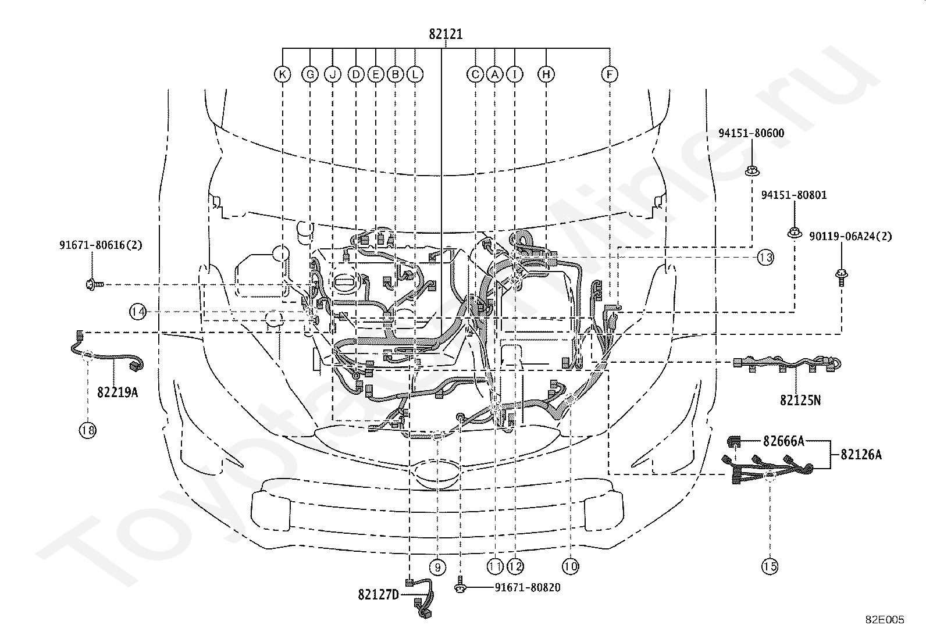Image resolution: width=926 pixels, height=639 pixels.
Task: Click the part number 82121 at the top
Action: click(x=446, y=34)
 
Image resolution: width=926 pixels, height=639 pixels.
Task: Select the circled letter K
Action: click(x=283, y=74)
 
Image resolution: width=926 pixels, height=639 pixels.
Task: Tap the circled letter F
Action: click(x=610, y=74)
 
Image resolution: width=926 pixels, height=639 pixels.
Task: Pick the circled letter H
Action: click(x=546, y=74)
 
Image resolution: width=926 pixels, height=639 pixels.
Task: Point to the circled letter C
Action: click(x=475, y=74)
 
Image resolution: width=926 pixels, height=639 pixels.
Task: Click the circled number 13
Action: click(x=765, y=258)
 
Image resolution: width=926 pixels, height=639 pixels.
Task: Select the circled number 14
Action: click(x=138, y=311)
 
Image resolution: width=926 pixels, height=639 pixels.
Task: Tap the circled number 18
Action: click(x=88, y=430)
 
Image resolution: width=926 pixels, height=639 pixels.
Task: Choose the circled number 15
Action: click(x=770, y=566)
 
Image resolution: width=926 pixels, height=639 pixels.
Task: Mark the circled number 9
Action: click(x=438, y=567)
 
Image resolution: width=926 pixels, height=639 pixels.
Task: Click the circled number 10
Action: click(x=571, y=566)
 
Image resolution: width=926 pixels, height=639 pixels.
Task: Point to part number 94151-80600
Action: click(x=751, y=133)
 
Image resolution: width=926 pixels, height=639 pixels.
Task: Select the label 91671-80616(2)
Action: click(x=101, y=245)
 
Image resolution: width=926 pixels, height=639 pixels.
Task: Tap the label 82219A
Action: click(x=117, y=392)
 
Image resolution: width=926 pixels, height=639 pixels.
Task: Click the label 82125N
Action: click(x=800, y=400)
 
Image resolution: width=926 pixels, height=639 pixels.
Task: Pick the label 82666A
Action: click(x=784, y=441)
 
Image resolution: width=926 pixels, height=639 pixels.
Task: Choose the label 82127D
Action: click(x=379, y=594)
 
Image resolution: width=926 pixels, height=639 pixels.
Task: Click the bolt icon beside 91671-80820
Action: click(x=460, y=586)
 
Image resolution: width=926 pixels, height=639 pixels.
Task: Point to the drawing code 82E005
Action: click(x=885, y=620)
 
